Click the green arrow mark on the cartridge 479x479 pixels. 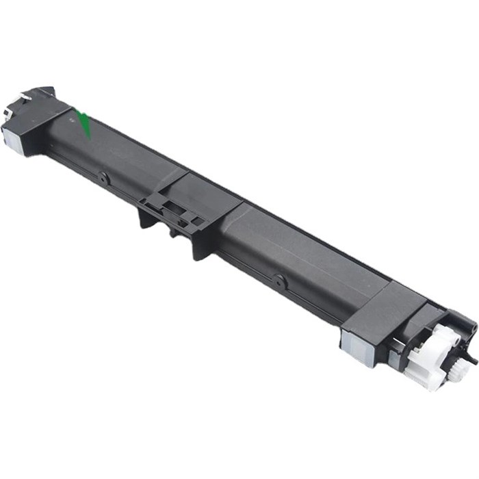(85, 123)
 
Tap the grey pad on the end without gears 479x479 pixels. (12, 136)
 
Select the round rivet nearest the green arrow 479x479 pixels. (104, 179)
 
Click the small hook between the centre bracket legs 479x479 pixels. (172, 231)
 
